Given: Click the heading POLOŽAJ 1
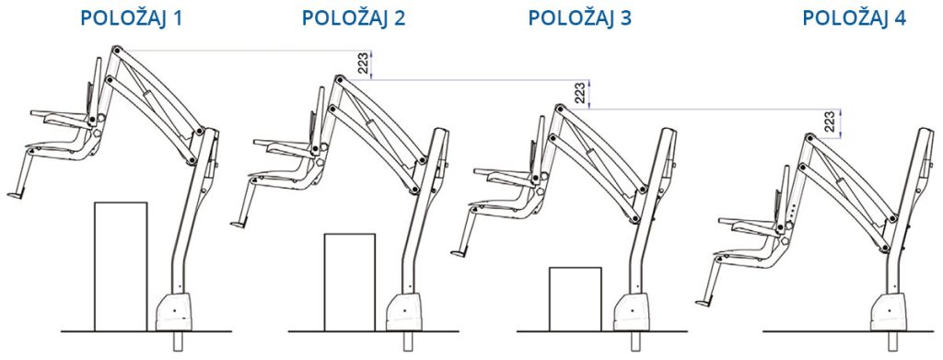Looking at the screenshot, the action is point(131,18).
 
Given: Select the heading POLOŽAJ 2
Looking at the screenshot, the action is point(353,18).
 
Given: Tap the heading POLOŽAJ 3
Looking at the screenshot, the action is point(580,18).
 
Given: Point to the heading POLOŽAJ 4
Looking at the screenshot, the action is point(854,18).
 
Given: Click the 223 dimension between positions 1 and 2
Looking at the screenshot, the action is point(364,64).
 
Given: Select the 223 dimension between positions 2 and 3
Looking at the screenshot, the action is point(582,94).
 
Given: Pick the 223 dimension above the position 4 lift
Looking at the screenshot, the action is point(831,123).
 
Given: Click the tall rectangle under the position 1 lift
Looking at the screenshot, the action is point(121,266).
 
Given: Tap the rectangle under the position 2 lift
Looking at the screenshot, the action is point(349,282).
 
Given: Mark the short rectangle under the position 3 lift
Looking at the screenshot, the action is point(575,298).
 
